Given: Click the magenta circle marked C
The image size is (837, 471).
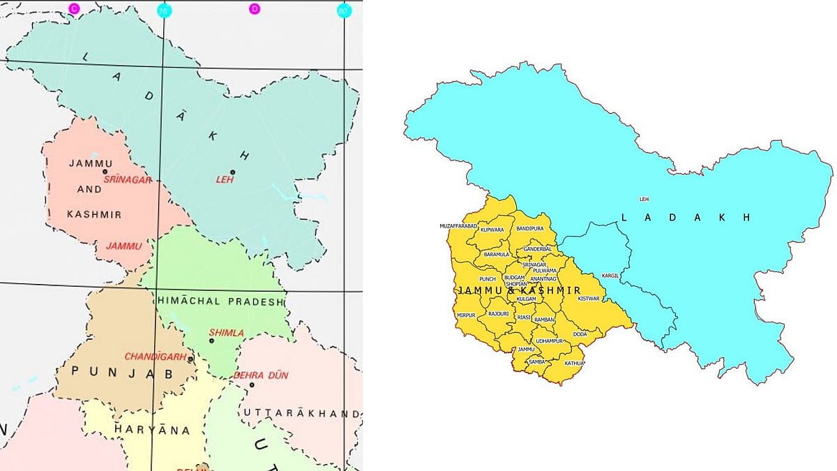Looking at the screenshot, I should click(x=74, y=8).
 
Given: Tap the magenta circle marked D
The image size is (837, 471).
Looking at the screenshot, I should click(x=255, y=8).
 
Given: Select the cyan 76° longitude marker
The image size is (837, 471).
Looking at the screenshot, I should click(x=163, y=10).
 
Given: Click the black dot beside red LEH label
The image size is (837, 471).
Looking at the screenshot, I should click(x=233, y=172).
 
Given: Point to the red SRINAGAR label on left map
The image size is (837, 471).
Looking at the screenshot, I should click(x=128, y=180).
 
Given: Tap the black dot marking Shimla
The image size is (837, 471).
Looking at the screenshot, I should click(x=211, y=341).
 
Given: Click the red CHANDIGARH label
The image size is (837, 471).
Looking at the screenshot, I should click(x=155, y=357).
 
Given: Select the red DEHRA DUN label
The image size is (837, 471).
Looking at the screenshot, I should click(x=261, y=375).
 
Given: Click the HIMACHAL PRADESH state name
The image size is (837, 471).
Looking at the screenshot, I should click(x=222, y=302).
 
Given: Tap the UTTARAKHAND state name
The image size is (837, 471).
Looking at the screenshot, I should click(x=301, y=414).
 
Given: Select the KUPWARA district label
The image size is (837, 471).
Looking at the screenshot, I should click(x=492, y=230).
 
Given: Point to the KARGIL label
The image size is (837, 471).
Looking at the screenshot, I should click(x=610, y=276).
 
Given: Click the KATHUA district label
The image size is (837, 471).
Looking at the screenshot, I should click(x=575, y=363).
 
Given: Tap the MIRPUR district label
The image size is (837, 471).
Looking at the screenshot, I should click(x=465, y=315).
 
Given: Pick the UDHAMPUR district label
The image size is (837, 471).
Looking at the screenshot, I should click(x=549, y=341).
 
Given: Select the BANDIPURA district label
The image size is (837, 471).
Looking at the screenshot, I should click(x=529, y=229).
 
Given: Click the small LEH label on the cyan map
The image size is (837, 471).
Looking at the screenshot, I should click(x=644, y=200).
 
